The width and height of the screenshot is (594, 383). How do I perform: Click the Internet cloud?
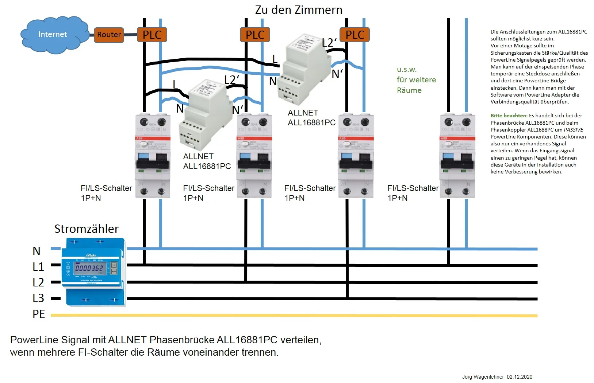(53, 35)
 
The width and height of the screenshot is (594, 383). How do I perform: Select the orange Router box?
(109, 35)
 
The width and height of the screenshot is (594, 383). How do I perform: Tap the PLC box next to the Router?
(152, 35)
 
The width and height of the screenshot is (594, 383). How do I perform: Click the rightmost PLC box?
(355, 35)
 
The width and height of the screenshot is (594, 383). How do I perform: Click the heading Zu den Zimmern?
(298, 10)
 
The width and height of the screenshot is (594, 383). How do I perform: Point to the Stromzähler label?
(87, 229)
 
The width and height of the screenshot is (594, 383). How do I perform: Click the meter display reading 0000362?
(89, 269)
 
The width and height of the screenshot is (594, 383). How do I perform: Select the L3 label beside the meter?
(38, 298)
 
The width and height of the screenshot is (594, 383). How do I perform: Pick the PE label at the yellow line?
(39, 314)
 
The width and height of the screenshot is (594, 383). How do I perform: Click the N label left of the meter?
(37, 251)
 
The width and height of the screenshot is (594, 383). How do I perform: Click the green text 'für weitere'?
(416, 80)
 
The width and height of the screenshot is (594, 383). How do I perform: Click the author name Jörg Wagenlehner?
(483, 377)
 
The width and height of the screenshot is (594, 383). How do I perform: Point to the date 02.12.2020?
(520, 377)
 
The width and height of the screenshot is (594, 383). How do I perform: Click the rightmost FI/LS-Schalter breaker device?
(457, 156)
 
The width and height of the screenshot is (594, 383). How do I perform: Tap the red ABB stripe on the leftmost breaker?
(153, 138)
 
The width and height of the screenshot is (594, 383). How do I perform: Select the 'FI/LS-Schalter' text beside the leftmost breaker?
(106, 188)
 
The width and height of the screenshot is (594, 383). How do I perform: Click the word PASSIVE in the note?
(573, 130)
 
